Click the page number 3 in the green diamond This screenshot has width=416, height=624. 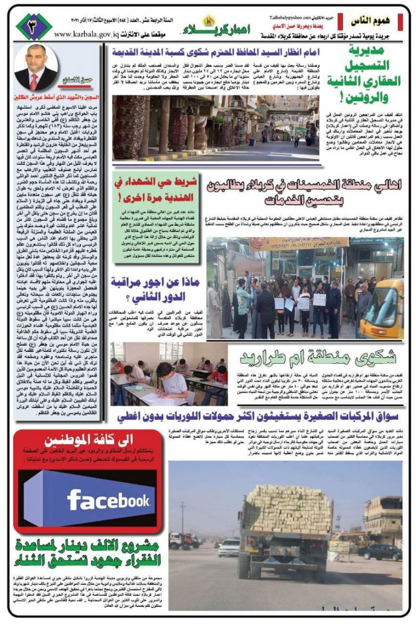click(34, 26)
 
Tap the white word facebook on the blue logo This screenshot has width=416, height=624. click(108, 500)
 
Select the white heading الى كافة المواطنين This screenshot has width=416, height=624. click(88, 441)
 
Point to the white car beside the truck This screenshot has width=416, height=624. click(230, 547)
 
